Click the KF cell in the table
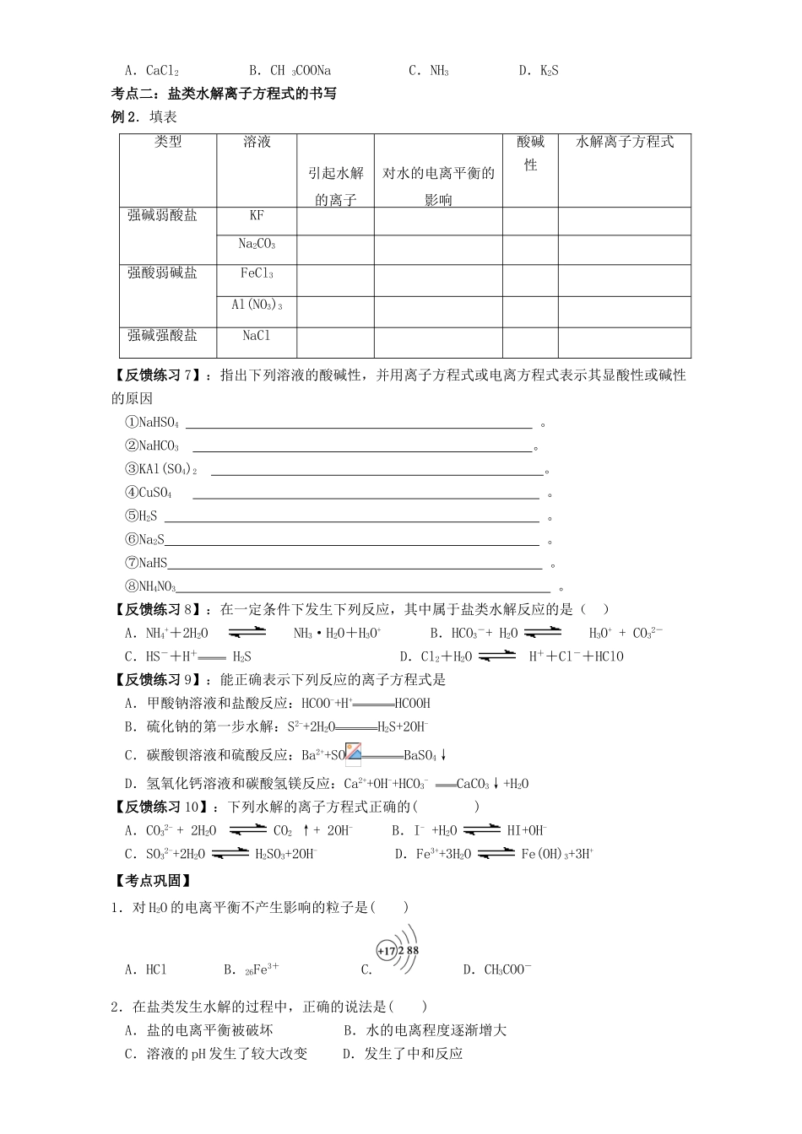click(257, 216)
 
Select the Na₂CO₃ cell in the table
click(257, 245)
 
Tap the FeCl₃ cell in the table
click(257, 273)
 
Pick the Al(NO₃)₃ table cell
click(257, 305)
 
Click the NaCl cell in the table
click(257, 336)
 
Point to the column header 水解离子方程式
click(624, 143)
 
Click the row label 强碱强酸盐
click(162, 336)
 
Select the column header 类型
click(168, 143)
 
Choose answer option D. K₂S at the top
click(538, 71)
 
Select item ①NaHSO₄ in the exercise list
click(152, 423)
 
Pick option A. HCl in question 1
click(145, 969)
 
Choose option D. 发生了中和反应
click(403, 1053)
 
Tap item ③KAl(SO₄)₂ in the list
click(160, 470)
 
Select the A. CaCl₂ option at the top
click(151, 71)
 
